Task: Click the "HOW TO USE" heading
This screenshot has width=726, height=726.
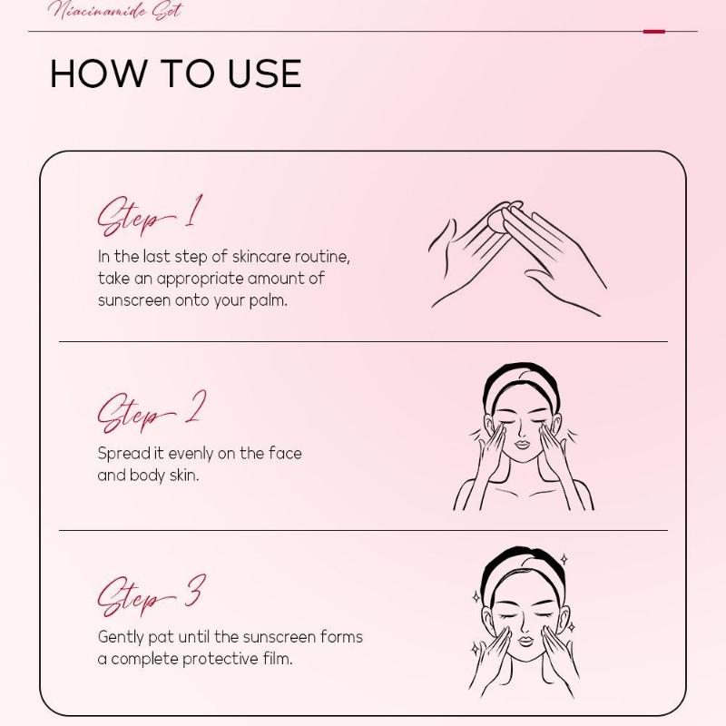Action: (x=176, y=74)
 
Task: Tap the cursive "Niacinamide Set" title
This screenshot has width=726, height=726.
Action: (x=116, y=10)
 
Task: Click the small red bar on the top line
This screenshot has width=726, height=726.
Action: (x=653, y=32)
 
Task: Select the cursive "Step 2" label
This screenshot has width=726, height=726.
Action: (x=152, y=411)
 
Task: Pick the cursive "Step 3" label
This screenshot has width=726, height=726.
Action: (x=152, y=596)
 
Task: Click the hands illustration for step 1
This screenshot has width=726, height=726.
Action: (x=517, y=259)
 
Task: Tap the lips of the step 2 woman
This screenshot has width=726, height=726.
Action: (x=523, y=445)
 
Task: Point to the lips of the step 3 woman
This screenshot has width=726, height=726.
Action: (x=525, y=642)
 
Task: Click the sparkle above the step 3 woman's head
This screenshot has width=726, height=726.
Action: (x=564, y=559)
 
